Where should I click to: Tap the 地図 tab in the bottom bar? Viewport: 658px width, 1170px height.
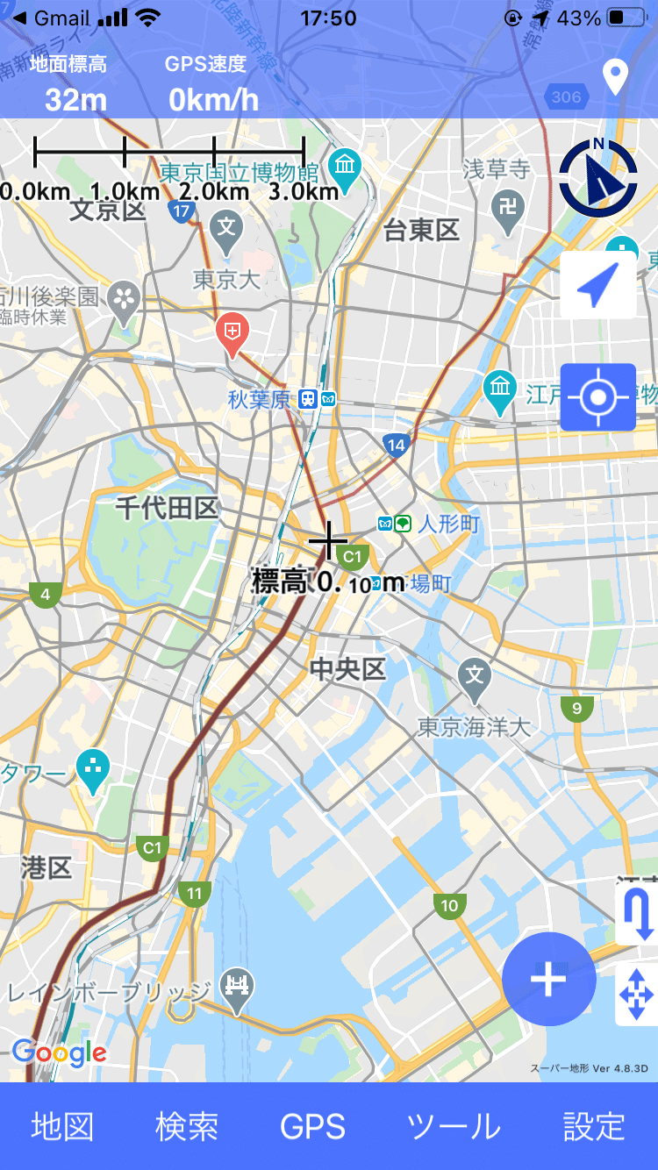tap(62, 1126)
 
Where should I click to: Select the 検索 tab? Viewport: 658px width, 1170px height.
tap(187, 1126)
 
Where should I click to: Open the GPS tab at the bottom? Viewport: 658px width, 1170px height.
tap(313, 1126)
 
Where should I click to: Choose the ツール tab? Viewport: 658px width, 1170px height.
tap(454, 1126)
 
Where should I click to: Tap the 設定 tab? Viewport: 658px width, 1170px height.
tap(594, 1126)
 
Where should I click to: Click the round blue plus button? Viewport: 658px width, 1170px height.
tap(549, 979)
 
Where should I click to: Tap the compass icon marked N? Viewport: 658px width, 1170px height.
tap(598, 178)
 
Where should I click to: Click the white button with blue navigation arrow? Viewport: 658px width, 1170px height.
tap(598, 285)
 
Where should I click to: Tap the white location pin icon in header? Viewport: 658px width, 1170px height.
tap(616, 77)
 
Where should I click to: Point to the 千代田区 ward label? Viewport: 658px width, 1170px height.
tap(167, 507)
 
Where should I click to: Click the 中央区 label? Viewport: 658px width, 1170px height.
tap(348, 669)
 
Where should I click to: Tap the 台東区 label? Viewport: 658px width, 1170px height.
tap(422, 230)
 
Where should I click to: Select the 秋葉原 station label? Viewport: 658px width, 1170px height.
tap(259, 399)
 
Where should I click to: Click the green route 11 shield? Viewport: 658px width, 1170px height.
tap(194, 894)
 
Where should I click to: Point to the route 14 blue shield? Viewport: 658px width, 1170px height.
tap(397, 445)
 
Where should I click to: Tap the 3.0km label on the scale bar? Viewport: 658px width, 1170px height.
tap(304, 191)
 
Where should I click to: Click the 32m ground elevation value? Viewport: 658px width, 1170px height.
tap(75, 99)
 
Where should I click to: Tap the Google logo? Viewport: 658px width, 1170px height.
tap(59, 1052)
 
